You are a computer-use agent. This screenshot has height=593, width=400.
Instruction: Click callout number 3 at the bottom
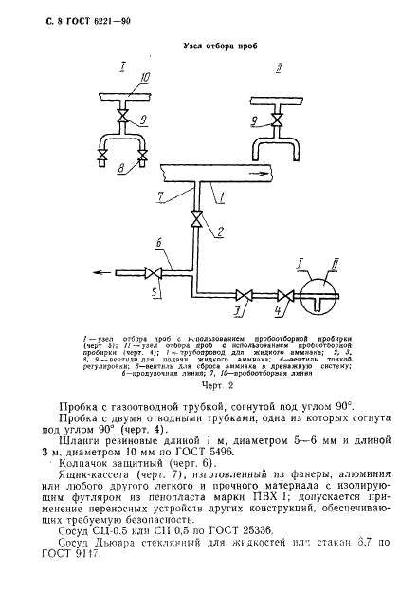pos(238,312)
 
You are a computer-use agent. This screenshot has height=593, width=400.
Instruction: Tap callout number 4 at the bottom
pos(277,312)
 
